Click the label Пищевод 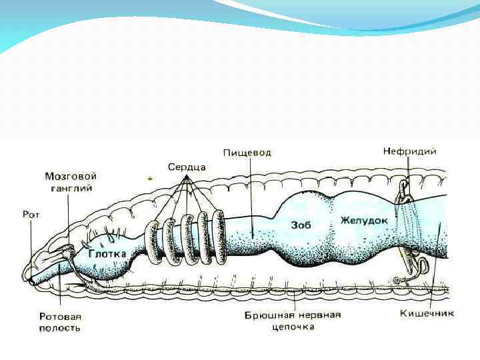coord(247,153)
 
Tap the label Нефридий coord(409,151)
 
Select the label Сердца coord(186,166)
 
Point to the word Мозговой coord(71,177)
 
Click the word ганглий coord(71,188)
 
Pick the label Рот coord(31,215)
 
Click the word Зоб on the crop coord(301,225)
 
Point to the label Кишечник coord(427,313)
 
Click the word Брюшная coord(267,315)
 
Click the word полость coord(60,328)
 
